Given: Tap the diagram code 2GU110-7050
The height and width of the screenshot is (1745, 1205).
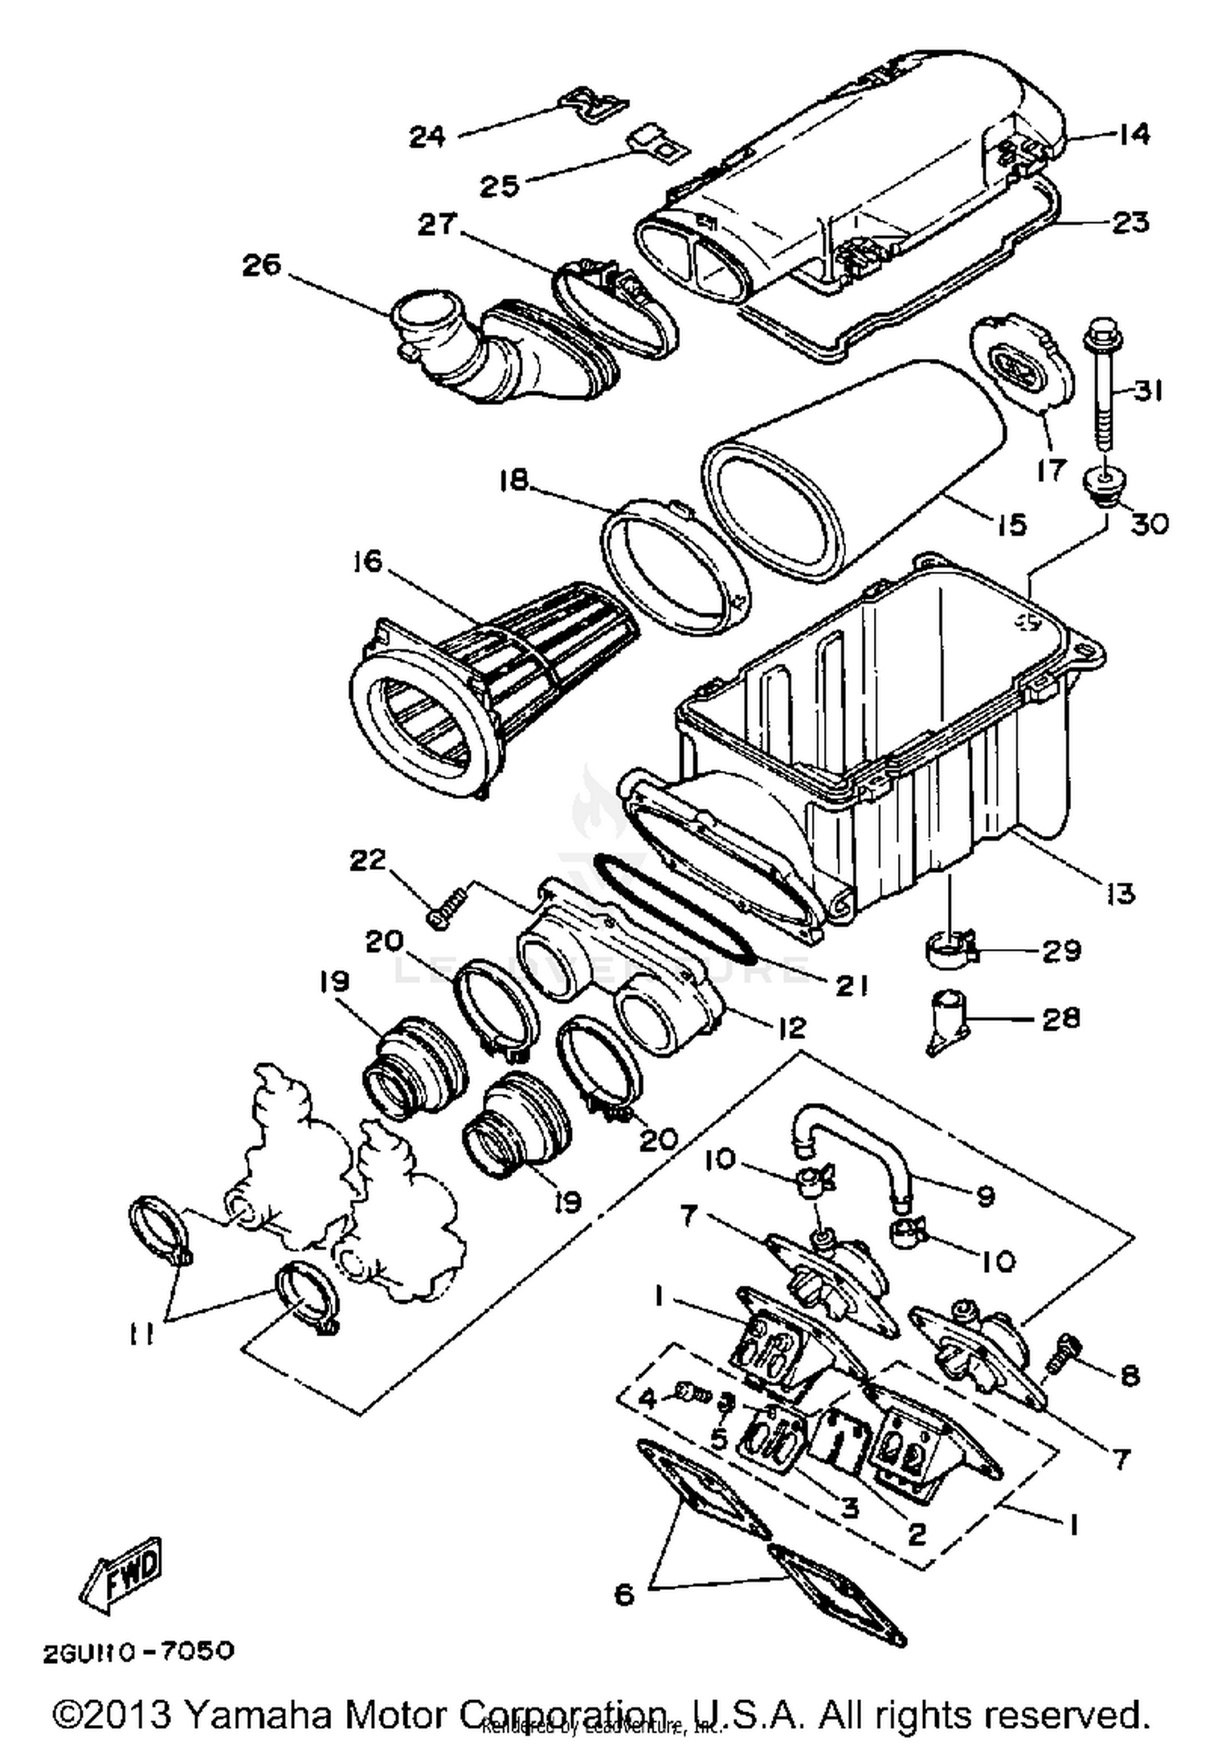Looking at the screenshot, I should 138,1651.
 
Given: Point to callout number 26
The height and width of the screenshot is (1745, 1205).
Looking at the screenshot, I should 261,264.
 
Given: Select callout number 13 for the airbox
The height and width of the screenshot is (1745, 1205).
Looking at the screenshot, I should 1120,892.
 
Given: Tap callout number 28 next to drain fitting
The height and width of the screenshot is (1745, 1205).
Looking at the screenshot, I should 1060,1018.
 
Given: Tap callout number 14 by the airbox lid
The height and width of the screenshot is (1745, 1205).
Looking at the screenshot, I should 1134,134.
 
